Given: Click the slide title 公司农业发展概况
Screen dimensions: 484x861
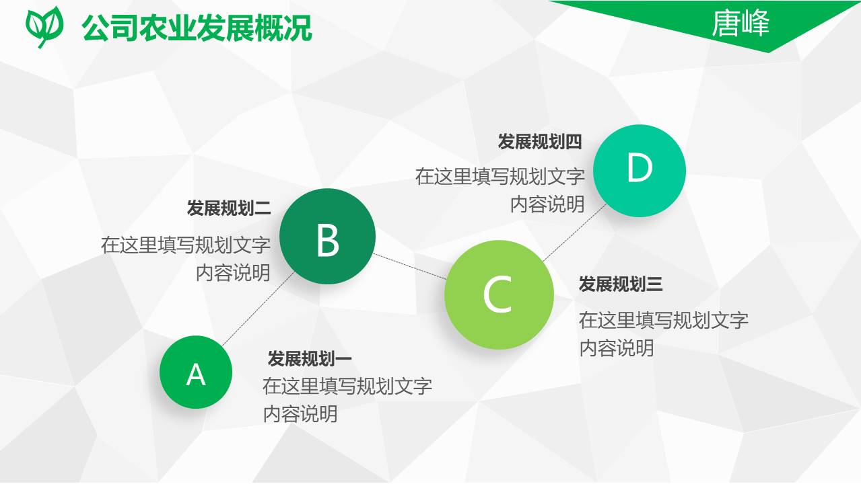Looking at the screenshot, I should point(197,28).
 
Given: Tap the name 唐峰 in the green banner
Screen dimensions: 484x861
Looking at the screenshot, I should point(741,24).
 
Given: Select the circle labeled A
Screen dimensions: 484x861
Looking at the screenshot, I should point(196,372).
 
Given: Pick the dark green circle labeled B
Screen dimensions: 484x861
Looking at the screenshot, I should point(327,237).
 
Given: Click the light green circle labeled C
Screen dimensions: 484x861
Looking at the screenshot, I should point(499,294).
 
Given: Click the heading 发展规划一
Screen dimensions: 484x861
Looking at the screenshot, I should point(310,359).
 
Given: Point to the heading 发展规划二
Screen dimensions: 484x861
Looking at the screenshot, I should point(229,208).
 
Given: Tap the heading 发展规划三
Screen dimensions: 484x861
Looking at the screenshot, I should point(621,284).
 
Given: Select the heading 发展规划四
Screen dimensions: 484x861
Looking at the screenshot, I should point(540,142).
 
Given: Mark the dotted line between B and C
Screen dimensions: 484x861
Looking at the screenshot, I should point(409,266).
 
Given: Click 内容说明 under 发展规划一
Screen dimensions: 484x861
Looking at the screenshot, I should point(300,414).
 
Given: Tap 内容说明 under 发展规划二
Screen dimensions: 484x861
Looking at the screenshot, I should point(233,272).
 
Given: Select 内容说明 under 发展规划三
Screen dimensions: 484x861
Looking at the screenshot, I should point(617,348).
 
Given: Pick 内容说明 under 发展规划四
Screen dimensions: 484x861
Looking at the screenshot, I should point(547,204).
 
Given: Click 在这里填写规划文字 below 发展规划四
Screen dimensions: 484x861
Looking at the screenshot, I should point(500,176).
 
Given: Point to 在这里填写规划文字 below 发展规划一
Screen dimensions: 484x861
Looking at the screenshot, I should point(347,386).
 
